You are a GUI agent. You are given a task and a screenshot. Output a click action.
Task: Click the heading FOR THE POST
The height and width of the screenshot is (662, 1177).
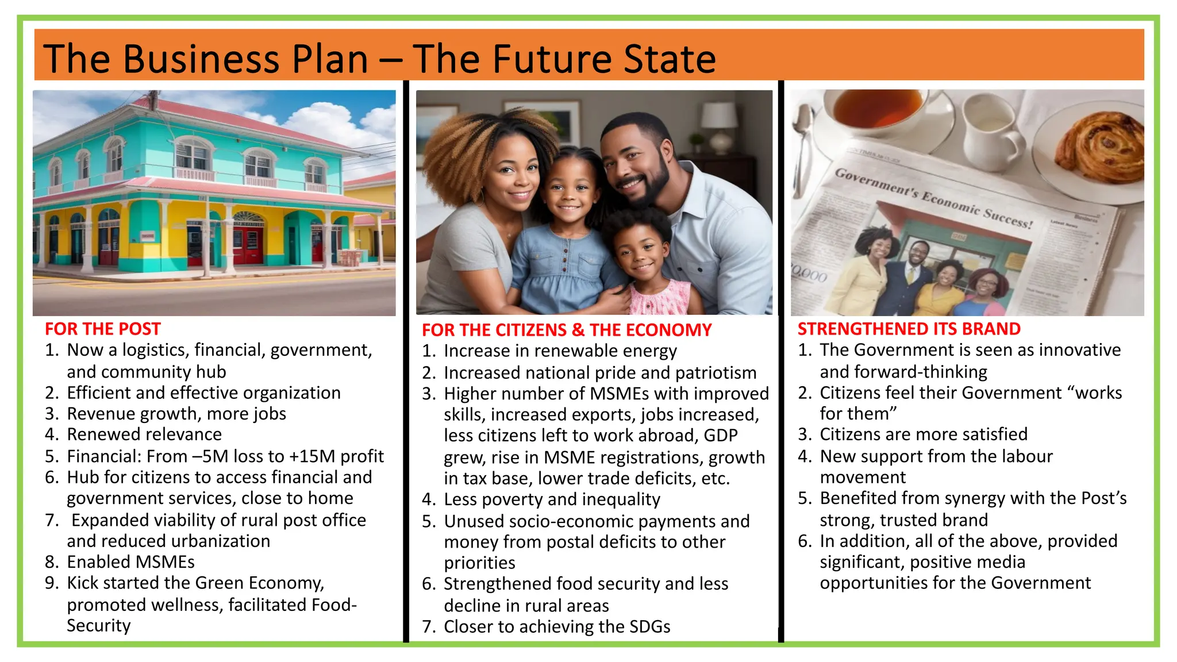coord(102,329)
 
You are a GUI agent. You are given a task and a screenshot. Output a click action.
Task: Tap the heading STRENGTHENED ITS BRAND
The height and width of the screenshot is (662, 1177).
coord(909,329)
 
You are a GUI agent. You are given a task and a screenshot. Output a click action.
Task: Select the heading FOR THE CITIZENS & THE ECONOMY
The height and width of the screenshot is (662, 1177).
coord(566,330)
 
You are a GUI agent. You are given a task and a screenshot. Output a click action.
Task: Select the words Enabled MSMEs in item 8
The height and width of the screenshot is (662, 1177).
coord(130,561)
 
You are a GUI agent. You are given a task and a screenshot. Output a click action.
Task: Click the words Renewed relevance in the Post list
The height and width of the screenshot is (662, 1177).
coord(144,434)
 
